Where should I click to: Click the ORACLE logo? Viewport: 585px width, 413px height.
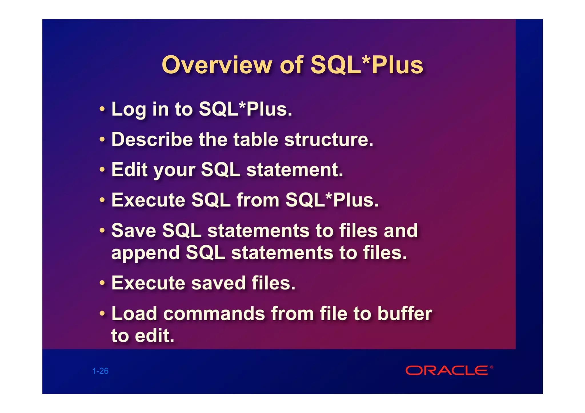[447, 371]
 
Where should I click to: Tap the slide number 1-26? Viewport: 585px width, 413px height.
[100, 371]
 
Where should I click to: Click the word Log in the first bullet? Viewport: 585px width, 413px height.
[129, 110]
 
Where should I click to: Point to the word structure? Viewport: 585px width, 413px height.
[328, 140]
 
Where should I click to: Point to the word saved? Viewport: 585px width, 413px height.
[218, 283]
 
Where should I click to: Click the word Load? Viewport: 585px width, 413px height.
[134, 313]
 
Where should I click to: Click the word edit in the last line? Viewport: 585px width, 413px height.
[154, 336]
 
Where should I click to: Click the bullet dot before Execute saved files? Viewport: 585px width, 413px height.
[102, 283]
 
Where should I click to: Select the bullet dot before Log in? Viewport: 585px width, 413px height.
[102, 109]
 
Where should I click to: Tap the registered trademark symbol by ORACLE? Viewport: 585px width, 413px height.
[492, 367]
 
